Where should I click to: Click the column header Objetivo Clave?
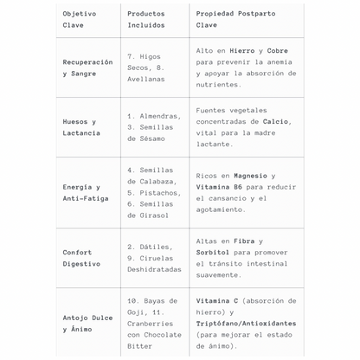80,19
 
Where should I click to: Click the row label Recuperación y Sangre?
87,67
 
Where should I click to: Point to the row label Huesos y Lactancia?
81,127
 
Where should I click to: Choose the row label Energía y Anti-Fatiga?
81,192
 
